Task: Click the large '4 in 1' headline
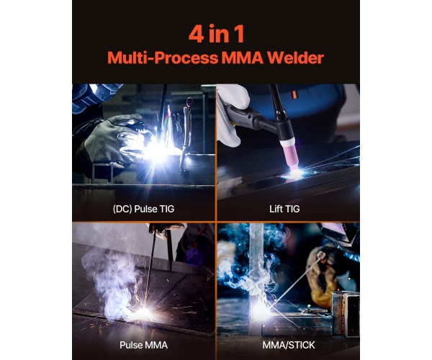(216, 34)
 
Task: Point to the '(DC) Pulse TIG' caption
(143, 209)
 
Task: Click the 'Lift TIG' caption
(284, 209)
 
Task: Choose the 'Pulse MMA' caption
(143, 345)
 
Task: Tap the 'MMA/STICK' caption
(289, 345)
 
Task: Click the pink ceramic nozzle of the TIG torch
(290, 156)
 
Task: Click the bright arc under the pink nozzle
(295, 174)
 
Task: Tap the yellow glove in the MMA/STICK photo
(323, 276)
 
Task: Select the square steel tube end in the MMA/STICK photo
(346, 313)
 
